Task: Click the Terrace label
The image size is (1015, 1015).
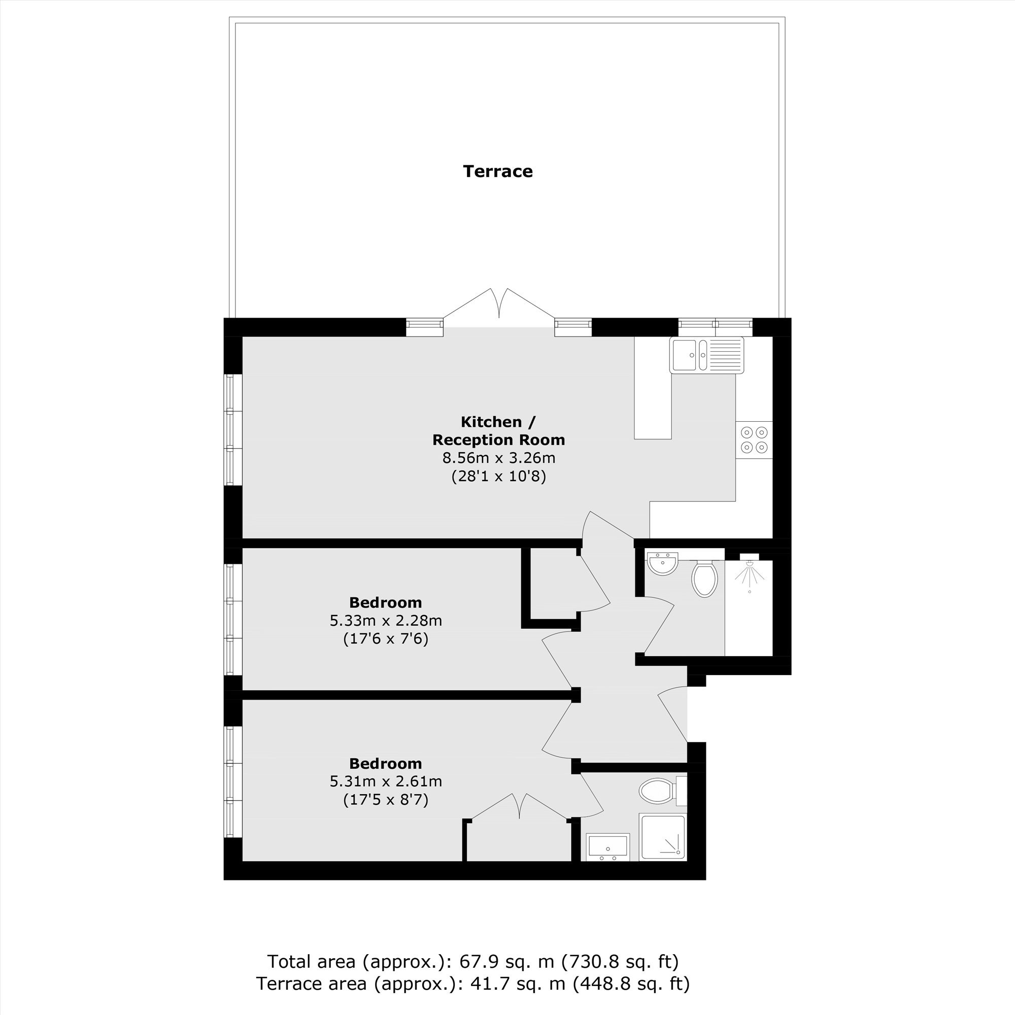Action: (497, 171)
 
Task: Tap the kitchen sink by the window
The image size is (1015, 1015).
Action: (706, 355)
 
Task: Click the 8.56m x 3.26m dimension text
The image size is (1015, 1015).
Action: (498, 458)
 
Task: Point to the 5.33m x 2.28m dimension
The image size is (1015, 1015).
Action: (386, 621)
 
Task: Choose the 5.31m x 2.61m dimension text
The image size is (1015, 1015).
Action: (386, 781)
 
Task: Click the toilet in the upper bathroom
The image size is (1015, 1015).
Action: (705, 579)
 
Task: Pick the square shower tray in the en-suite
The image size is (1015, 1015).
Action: (662, 837)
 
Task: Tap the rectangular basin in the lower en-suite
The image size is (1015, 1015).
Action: (608, 847)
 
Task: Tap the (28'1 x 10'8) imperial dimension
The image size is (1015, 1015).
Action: (498, 477)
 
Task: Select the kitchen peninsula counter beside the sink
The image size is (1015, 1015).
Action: (653, 388)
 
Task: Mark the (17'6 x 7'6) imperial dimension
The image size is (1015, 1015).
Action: (386, 639)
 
